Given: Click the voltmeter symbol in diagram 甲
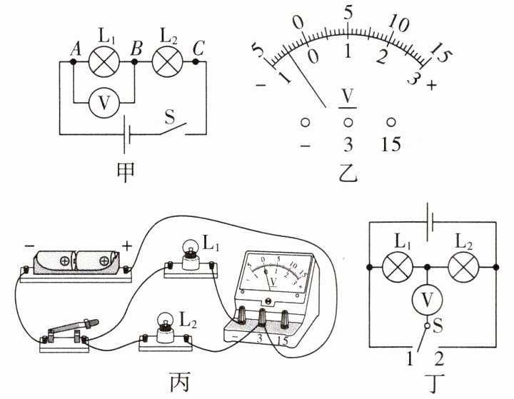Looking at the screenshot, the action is click(104, 103).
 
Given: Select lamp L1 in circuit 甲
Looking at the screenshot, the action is click(104, 61).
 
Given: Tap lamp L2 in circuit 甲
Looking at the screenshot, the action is click(168, 61).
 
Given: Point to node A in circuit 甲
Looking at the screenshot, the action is click(73, 61).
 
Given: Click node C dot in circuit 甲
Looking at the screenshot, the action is click(196, 61).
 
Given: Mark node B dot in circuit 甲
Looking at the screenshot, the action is click(134, 61).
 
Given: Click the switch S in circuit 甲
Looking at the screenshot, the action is click(173, 129).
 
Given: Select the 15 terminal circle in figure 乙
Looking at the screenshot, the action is click(390, 122).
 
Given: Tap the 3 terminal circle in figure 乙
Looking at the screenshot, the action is click(348, 123).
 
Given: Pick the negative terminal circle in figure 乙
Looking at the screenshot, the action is click(306, 123).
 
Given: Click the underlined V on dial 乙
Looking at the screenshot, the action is click(348, 98).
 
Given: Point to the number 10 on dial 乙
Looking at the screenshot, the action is click(398, 24).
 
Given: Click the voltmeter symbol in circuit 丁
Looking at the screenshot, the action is click(427, 299).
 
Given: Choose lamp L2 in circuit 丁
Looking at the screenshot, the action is click(463, 267).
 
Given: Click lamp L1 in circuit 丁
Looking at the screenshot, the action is click(398, 267).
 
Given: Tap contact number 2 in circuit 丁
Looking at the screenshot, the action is click(439, 358).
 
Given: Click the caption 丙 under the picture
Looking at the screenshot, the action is click(180, 382).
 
